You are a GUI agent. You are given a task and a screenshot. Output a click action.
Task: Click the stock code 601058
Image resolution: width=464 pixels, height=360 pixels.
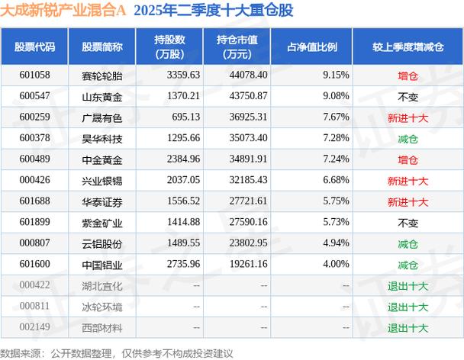[x=35, y=75]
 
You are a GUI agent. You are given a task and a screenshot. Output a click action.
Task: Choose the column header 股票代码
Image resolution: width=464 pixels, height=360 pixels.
[x=35, y=46]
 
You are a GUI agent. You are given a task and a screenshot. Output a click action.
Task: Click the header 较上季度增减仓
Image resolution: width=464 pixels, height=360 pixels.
[x=408, y=46]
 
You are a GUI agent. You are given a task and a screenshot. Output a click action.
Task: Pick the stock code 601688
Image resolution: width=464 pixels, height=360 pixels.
[x=35, y=201]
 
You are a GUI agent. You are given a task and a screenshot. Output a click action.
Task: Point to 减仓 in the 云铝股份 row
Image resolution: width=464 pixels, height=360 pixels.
[x=408, y=243]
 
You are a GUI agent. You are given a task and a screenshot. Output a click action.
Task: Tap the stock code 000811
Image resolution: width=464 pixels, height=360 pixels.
[x=35, y=307]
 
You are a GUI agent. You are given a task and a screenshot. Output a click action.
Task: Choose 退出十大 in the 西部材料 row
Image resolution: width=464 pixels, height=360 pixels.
[x=408, y=328]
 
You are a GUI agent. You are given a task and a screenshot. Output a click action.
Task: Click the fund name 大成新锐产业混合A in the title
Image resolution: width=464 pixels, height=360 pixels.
[x=65, y=11]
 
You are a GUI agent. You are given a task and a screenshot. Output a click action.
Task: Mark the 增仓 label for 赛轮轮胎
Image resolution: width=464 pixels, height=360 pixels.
[x=408, y=75]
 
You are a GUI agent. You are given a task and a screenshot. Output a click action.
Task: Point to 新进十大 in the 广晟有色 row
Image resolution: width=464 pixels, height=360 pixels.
[x=408, y=117]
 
